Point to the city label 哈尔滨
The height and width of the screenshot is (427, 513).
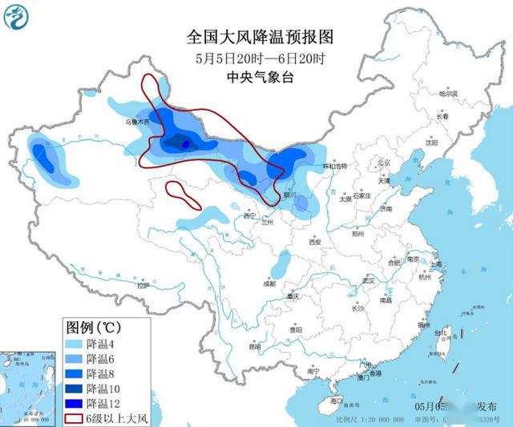pos(447,95)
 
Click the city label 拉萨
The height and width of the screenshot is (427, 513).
pos(143,285)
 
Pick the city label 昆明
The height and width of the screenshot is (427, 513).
pos(254,346)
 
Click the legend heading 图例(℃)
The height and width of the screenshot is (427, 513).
pos(93,328)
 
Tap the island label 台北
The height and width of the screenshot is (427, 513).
pos(440,332)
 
